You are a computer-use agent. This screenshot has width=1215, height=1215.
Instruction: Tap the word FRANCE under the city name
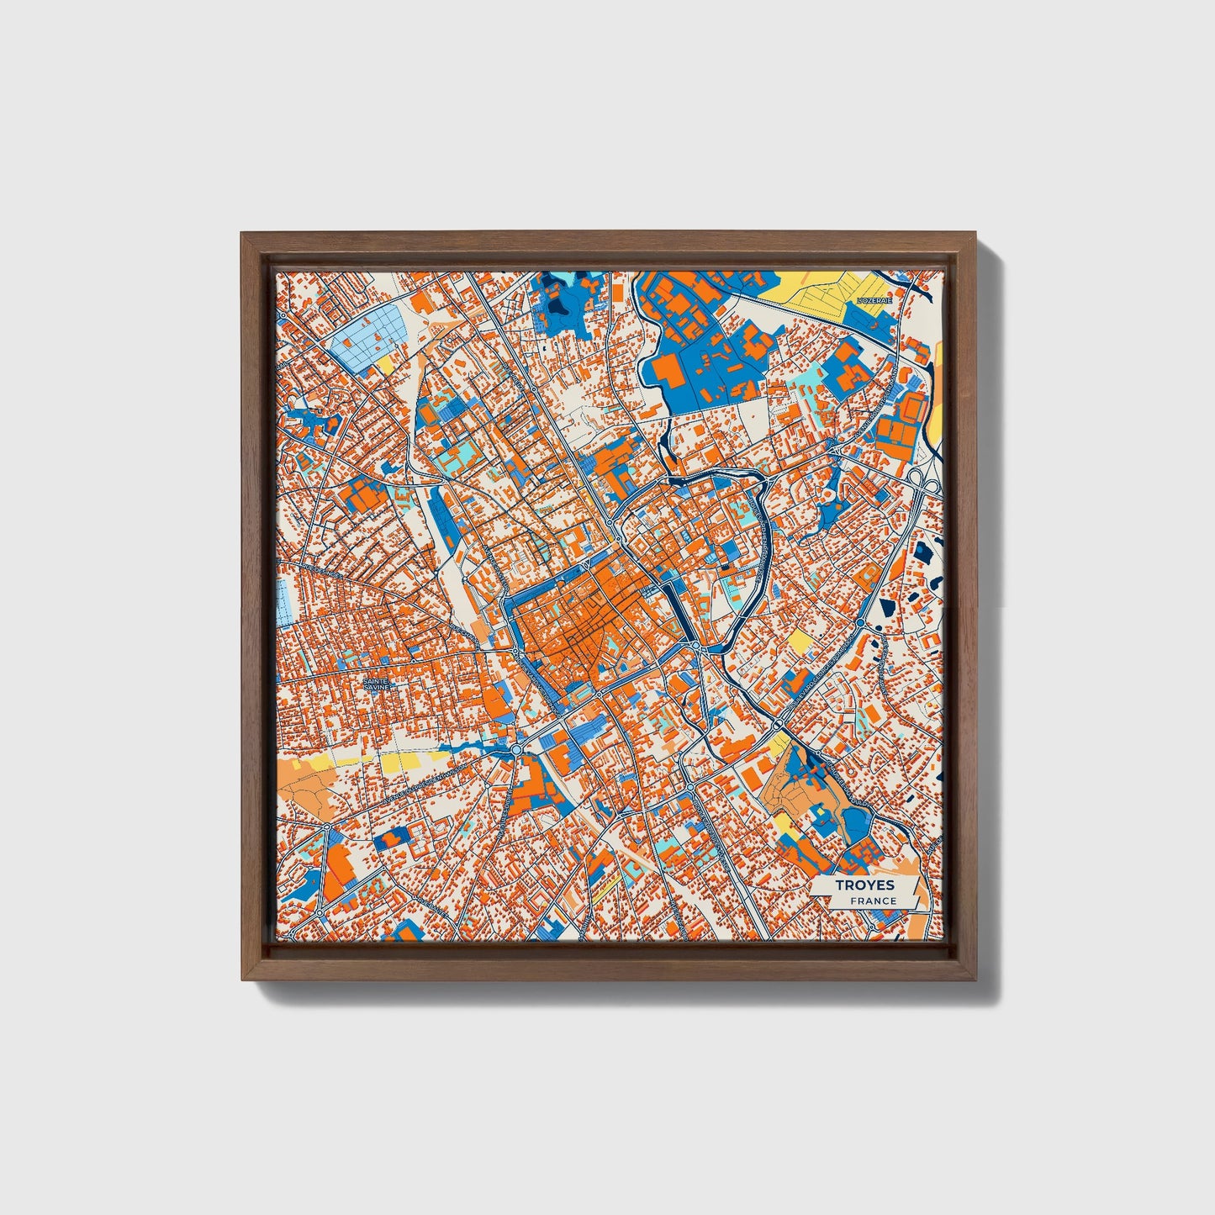tap(872, 901)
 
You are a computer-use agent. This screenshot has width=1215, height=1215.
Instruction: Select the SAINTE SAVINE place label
tap(376, 684)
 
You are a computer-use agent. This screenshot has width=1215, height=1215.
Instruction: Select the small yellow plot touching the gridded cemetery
tap(386, 365)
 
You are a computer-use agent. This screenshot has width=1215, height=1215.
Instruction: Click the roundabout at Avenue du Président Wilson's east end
tap(515, 748)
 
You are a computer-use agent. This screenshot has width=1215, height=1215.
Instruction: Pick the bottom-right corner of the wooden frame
tap(977, 980)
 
